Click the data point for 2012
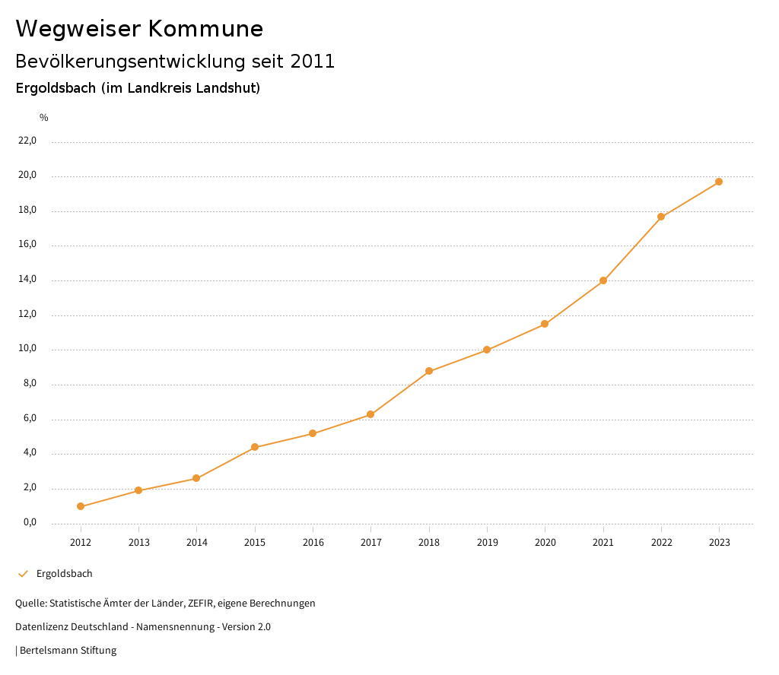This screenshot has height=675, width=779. [81, 506]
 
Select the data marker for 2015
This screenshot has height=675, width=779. [255, 447]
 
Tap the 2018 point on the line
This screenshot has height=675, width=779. [429, 371]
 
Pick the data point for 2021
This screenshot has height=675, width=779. [603, 280]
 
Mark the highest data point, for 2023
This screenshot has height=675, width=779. [719, 182]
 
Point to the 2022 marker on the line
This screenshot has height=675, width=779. [661, 217]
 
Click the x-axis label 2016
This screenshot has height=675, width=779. [313, 543]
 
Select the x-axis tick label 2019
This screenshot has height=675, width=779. [488, 543]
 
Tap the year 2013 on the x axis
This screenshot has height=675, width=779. [139, 543]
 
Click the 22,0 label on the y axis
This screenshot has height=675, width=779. [27, 141]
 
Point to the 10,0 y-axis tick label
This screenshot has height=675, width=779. [27, 350]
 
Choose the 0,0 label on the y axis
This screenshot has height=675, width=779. [30, 523]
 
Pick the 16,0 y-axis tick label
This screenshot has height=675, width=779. [27, 246]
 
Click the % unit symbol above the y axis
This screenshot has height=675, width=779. [44, 118]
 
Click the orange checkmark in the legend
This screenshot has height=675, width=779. [23, 574]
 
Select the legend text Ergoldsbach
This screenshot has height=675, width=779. [65, 574]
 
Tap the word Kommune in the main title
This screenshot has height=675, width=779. [205, 29]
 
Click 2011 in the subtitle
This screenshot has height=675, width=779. [313, 62]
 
